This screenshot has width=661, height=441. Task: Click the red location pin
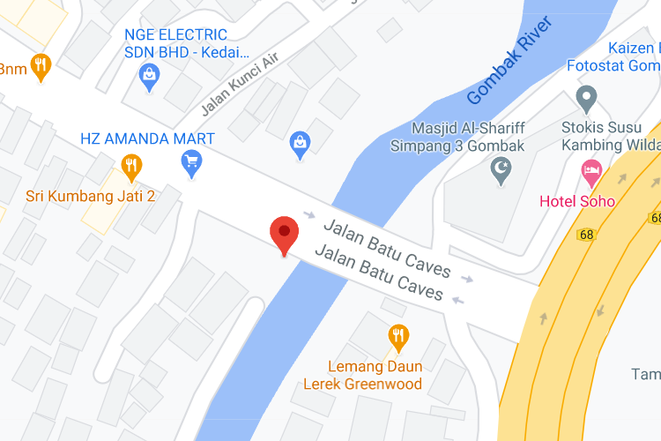[284, 234]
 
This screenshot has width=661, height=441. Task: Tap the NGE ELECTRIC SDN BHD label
[175, 43]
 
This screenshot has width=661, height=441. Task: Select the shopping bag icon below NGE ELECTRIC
[150, 78]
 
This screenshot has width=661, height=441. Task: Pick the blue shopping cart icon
[191, 162]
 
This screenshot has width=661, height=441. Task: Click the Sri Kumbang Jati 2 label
[90, 196]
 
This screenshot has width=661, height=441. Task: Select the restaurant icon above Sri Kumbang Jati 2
[131, 165]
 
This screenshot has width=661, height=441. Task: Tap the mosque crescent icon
[501, 168]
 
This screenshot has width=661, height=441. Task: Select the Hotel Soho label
[577, 201]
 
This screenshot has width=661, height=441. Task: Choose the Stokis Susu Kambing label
[611, 136]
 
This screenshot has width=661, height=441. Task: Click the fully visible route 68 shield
[587, 235]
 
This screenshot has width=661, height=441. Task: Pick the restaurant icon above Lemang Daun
[398, 336]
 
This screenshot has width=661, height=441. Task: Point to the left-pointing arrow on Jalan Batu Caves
[457, 301]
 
